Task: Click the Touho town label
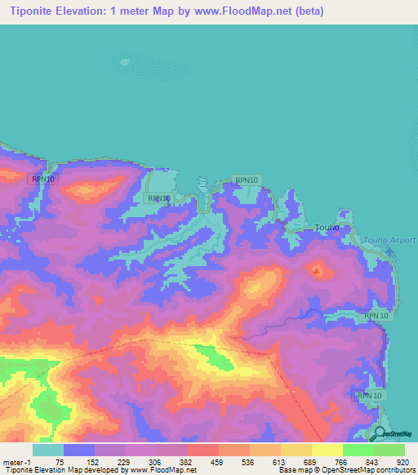(x=327, y=229)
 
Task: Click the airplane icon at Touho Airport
(x=391, y=251)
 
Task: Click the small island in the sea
(x=124, y=61)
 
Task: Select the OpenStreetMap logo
(x=393, y=434)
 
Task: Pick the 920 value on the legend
(x=402, y=461)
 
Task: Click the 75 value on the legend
(x=60, y=461)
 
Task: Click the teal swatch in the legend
(x=48, y=450)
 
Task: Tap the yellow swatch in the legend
(x=327, y=450)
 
